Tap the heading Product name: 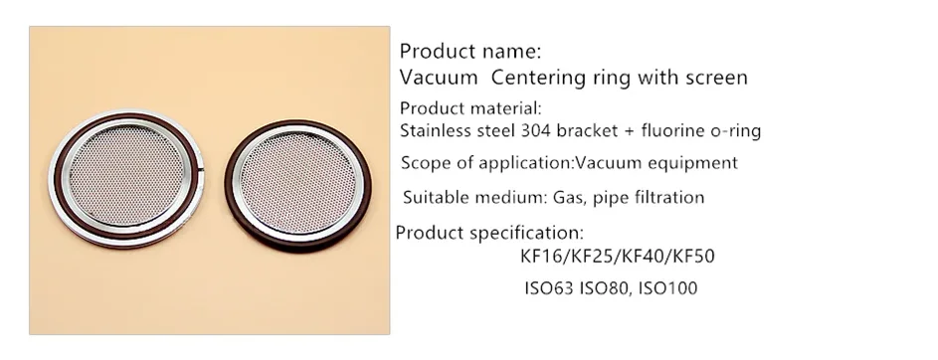(469, 51)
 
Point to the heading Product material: (469, 108)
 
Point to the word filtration (665, 197)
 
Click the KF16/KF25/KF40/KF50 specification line (617, 258)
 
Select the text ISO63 (548, 289)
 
